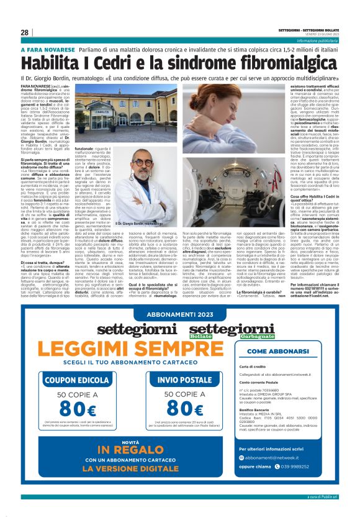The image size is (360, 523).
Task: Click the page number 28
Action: (25, 32)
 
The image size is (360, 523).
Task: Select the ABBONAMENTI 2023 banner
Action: (179, 315)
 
